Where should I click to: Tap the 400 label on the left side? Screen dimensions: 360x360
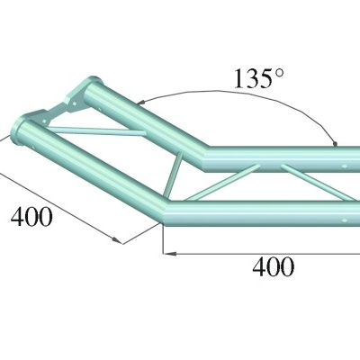[32, 216]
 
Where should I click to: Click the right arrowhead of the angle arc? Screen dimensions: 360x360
[335, 141]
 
